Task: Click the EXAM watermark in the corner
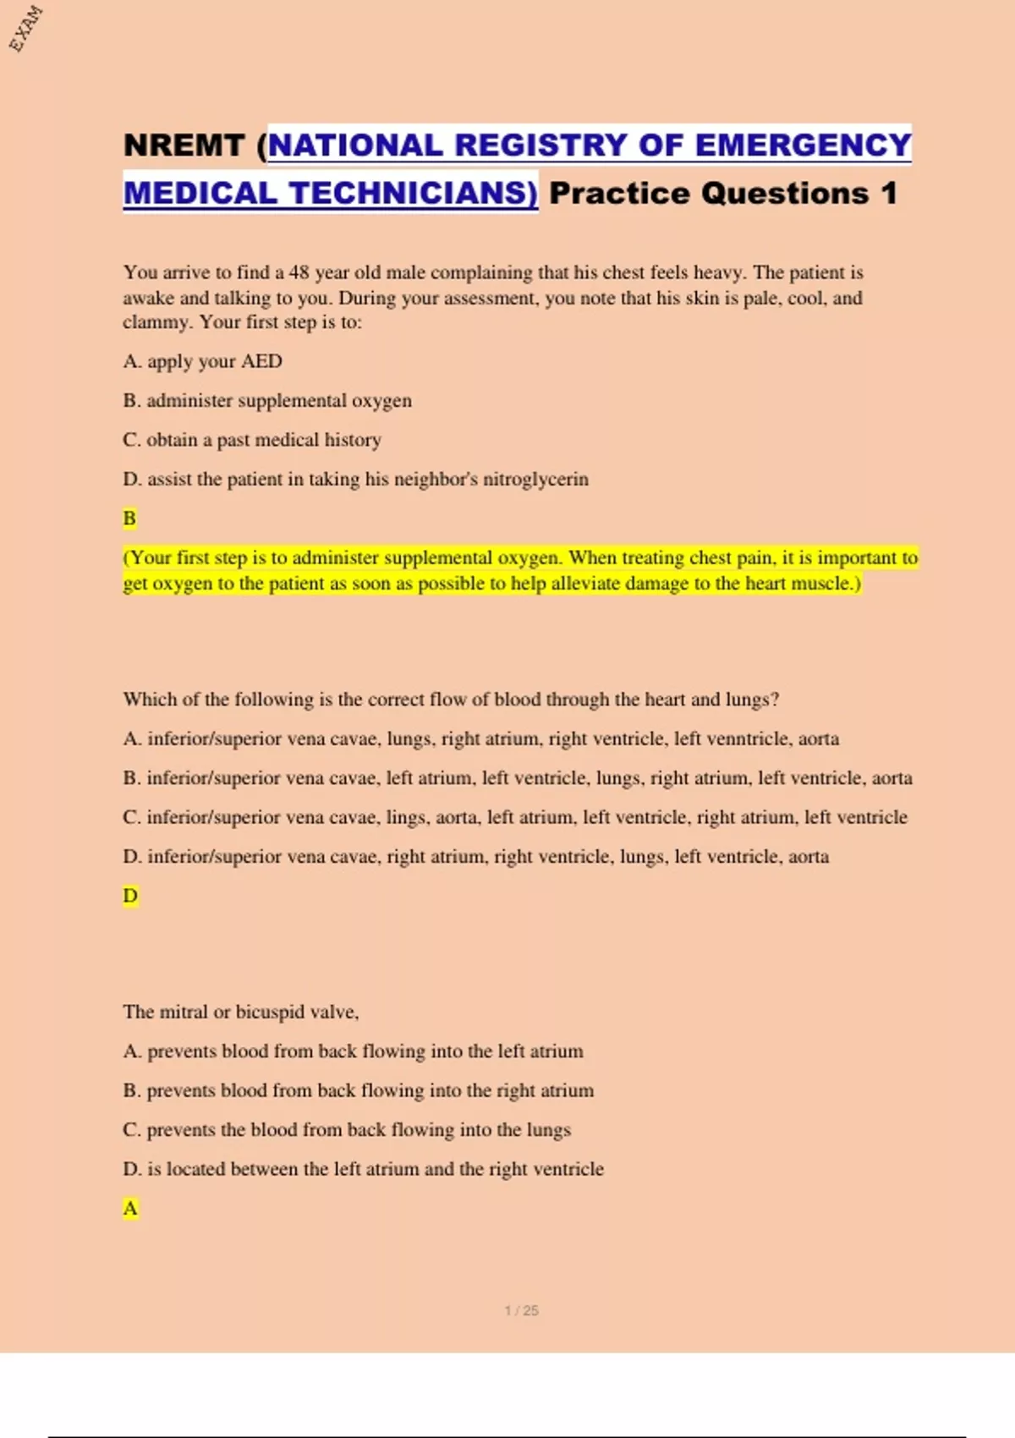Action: (x=26, y=29)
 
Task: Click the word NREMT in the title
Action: (x=184, y=145)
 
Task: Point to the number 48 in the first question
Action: (x=299, y=272)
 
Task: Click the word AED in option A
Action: (x=261, y=362)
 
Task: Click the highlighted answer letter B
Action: (x=129, y=519)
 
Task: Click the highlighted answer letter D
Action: (x=130, y=896)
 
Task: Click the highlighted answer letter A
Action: (x=130, y=1209)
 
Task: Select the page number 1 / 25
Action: (x=521, y=1311)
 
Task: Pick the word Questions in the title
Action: (x=785, y=194)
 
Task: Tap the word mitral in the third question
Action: (x=186, y=1013)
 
